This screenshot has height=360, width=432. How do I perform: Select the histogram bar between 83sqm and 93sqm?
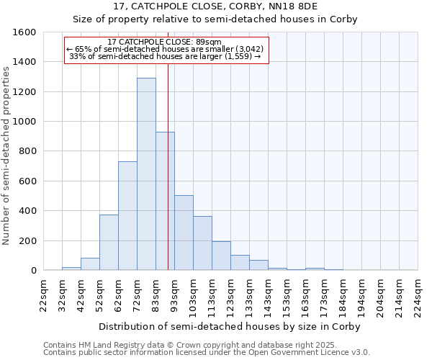point(165,201)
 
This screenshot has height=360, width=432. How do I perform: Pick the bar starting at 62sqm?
point(127,216)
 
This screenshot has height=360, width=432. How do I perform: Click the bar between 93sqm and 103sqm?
point(184,233)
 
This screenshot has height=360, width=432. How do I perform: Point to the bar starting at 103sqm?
point(202,243)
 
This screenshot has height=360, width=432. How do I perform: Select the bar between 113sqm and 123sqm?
point(221,256)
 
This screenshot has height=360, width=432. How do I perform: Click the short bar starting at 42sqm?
point(90,264)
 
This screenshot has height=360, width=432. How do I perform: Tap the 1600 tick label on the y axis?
point(24,32)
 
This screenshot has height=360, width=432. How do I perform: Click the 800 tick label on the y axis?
point(27,151)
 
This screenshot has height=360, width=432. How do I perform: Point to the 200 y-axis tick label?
point(27,240)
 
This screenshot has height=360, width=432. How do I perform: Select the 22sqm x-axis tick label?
point(44,295)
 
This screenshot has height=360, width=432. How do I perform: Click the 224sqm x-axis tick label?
point(418,295)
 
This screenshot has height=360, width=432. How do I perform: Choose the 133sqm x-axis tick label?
point(250,295)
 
